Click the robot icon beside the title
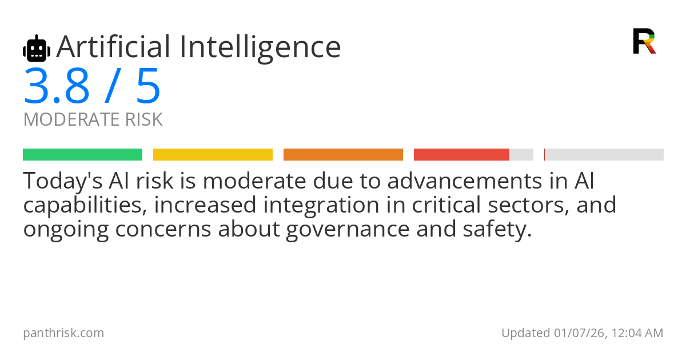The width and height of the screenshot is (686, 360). click(37, 49)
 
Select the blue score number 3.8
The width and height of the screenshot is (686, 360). click(57, 86)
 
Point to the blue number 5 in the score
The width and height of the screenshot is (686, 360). click(148, 86)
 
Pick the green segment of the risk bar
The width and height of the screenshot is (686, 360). click(82, 155)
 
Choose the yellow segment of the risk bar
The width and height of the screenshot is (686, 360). click(213, 155)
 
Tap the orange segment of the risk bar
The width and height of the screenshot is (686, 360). click(343, 155)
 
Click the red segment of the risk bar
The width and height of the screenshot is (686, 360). click(461, 155)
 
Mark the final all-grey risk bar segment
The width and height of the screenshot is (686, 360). click(604, 155)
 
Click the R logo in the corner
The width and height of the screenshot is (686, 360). click(644, 41)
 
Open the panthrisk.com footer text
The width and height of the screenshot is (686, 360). click(63, 333)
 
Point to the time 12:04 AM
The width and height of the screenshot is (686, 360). click(637, 333)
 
